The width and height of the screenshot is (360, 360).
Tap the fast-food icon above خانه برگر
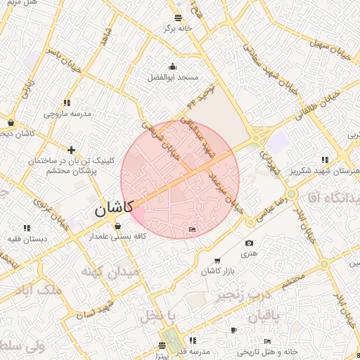point(179,17)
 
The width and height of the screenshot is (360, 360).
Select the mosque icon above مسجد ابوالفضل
point(164,65)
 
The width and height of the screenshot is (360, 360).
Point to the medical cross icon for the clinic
point(71,150)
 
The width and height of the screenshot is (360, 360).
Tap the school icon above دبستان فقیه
point(27,228)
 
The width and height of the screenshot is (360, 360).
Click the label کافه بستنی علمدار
point(117,237)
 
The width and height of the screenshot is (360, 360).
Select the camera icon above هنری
point(249,243)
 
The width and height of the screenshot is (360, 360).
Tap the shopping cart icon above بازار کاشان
point(217,261)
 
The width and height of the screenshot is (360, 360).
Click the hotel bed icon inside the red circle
point(193,229)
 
